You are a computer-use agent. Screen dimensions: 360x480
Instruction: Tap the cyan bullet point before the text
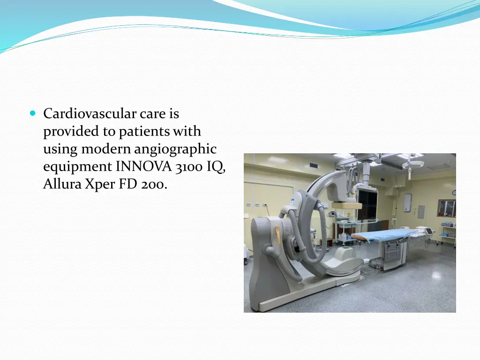[32, 113]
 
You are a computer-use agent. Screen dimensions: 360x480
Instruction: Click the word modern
[106, 150]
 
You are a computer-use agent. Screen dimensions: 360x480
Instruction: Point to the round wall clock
[454, 193]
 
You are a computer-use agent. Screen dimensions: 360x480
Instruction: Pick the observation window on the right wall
[446, 208]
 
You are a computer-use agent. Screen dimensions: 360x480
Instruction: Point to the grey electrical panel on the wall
[421, 212]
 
